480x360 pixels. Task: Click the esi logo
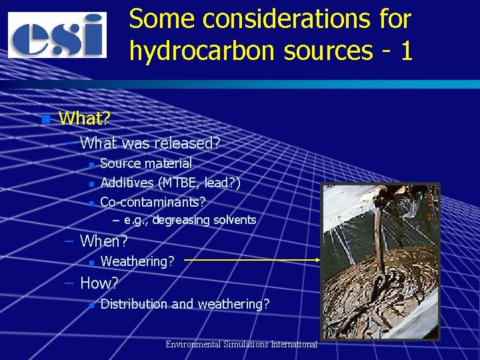click(57, 35)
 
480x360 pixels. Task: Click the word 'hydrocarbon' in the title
click(195, 51)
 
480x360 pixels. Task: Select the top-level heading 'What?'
click(85, 119)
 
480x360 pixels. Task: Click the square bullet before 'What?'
click(45, 120)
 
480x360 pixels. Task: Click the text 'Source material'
click(145, 163)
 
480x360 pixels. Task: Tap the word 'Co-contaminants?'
click(153, 201)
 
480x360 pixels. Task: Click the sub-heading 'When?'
click(103, 240)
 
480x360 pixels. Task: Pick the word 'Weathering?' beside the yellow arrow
click(137, 261)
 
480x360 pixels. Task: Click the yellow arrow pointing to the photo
click(253, 261)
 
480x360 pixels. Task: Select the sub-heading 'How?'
click(99, 283)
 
